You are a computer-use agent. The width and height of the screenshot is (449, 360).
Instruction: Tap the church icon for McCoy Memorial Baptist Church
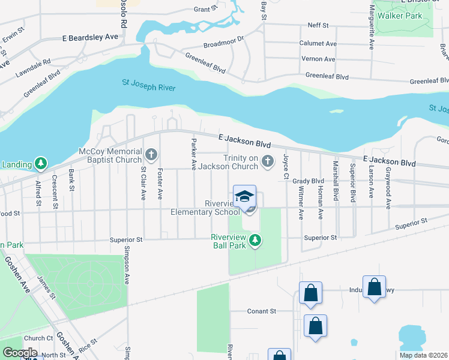[x=151, y=156]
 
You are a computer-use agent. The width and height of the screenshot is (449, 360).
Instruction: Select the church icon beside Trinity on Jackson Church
[x=268, y=161]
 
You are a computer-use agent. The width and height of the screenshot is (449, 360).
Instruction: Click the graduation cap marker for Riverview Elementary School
[x=245, y=197]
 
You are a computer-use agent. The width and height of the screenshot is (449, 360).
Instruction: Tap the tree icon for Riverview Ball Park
[x=255, y=241]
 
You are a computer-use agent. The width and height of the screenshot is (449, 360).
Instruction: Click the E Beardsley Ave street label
[x=90, y=37]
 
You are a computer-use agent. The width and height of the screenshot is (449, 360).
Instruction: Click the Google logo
[x=19, y=353]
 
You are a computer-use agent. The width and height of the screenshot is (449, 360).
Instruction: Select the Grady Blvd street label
[x=309, y=181]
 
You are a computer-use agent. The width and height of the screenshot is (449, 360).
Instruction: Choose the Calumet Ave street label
[x=318, y=43]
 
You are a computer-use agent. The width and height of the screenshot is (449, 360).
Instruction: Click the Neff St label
[x=318, y=26]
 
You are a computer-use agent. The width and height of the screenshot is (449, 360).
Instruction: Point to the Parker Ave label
[x=194, y=153]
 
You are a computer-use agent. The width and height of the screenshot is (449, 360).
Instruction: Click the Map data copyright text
[x=424, y=355]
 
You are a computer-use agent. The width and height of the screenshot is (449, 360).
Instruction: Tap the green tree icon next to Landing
[x=40, y=163]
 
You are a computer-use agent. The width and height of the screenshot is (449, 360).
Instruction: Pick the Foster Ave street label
[x=160, y=183]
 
